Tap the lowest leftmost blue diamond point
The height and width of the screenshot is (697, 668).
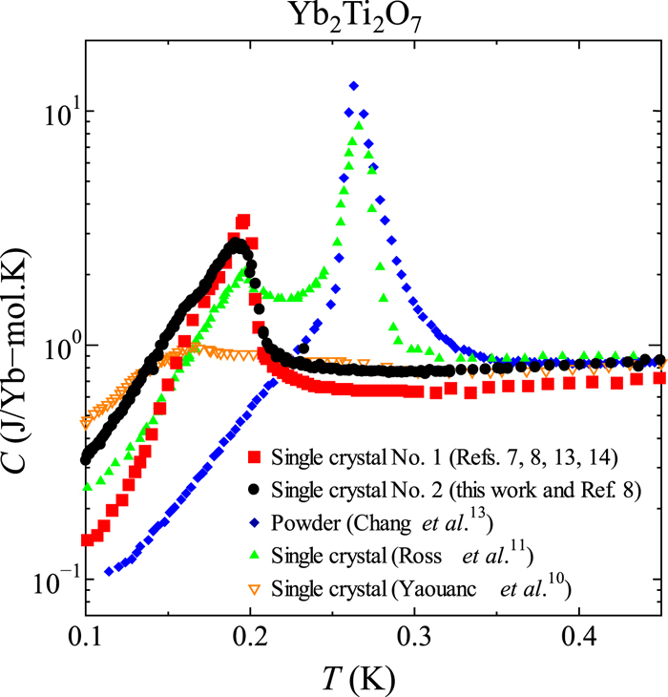(109, 572)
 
